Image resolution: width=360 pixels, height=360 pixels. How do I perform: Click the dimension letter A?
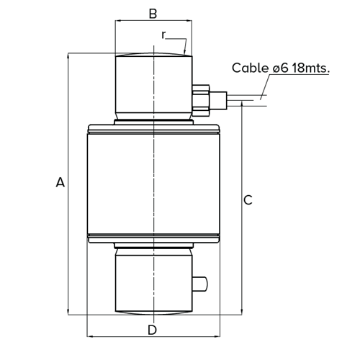point(60,184)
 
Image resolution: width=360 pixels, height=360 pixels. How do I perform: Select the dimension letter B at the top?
point(152,14)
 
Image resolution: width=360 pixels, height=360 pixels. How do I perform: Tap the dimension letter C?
point(248,200)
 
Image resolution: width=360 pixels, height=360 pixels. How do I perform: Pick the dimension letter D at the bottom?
point(152,330)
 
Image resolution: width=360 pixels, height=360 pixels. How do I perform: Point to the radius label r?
point(164,34)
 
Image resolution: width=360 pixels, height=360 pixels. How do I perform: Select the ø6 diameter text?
point(282,68)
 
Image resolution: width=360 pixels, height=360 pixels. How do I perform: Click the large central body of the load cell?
point(153,184)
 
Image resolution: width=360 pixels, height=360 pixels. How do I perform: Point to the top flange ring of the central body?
point(153,130)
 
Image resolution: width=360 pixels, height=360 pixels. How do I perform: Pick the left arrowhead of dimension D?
point(89,336)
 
